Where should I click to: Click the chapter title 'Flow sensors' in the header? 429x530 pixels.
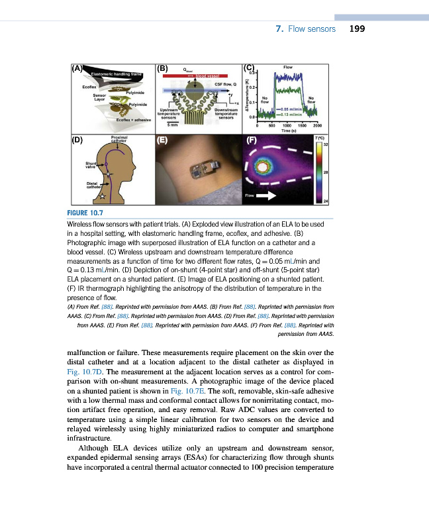click(x=312, y=29)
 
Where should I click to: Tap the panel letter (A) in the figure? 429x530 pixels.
click(x=77, y=68)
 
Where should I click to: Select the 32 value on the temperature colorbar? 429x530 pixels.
click(x=326, y=145)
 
